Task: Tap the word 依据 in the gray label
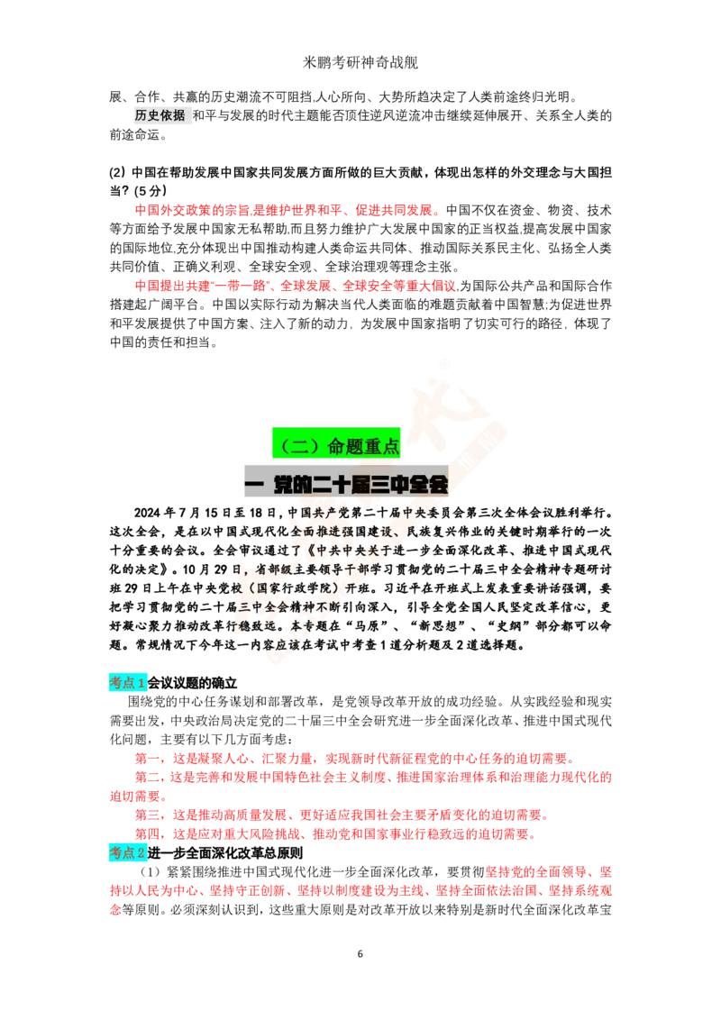tap(173, 115)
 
